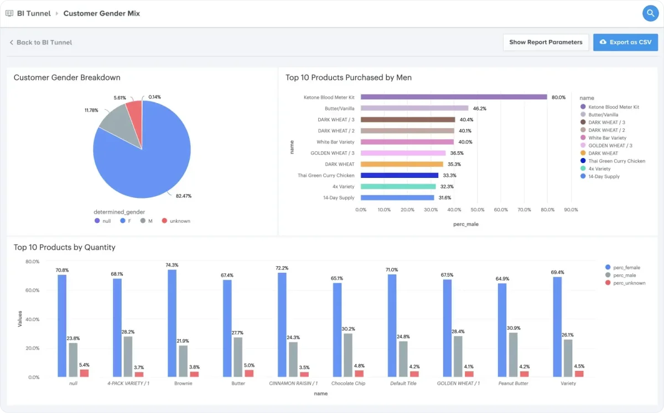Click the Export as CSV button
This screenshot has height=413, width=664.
pyautogui.click(x=625, y=42)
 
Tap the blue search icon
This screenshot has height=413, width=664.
pyautogui.click(x=650, y=13)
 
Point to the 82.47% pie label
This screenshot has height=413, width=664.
pyautogui.click(x=184, y=196)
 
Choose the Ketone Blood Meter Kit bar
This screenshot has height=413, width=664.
pyautogui.click(x=454, y=97)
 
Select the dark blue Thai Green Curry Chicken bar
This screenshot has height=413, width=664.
pyautogui.click(x=400, y=176)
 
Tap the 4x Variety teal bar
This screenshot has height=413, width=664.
pyautogui.click(x=398, y=186)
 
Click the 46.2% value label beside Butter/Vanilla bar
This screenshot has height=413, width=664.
pyautogui.click(x=479, y=109)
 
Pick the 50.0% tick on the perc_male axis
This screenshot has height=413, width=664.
pyautogui.click(x=477, y=210)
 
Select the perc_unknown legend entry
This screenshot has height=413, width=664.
pyautogui.click(x=625, y=283)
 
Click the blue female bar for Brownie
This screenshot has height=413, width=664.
pyautogui.click(x=172, y=323)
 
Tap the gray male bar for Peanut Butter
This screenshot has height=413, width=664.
pyautogui.click(x=513, y=355)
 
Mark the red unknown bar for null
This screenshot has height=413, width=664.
pyautogui.click(x=84, y=373)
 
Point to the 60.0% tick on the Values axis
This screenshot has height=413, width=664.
pyautogui.click(x=32, y=290)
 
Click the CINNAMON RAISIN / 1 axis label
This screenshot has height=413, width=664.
pyautogui.click(x=293, y=383)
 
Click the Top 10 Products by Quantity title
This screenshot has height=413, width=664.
pyautogui.click(x=64, y=247)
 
